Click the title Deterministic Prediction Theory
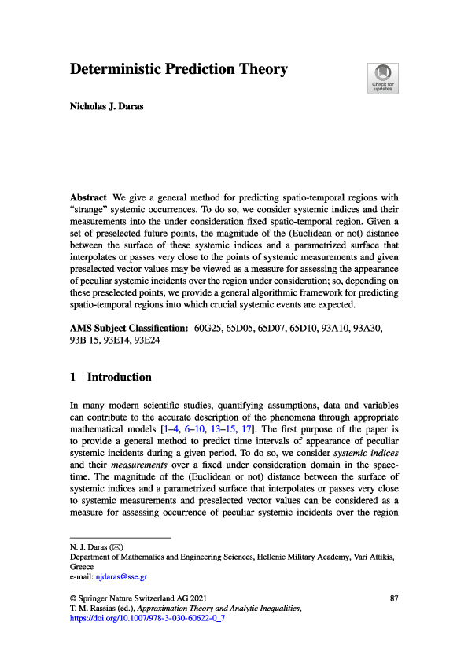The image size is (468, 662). (179, 70)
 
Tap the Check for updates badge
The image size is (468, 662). (382, 78)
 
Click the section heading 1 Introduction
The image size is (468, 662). (111, 377)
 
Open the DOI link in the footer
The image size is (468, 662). (149, 619)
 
